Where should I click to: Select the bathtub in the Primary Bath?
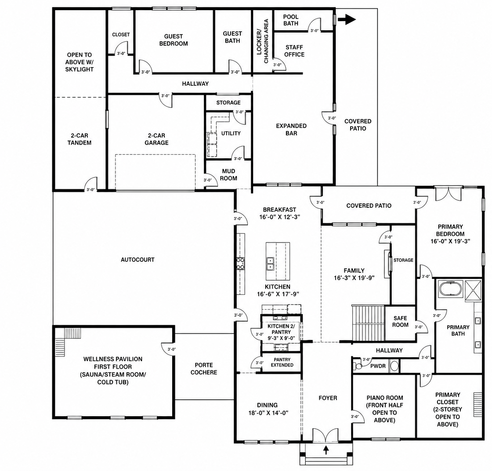coord(450,289)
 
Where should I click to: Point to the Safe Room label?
coord(400,322)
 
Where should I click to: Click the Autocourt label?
coord(137,260)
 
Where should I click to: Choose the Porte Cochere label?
coord(204,369)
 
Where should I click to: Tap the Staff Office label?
coord(294,51)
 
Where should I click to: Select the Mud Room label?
coord(228,175)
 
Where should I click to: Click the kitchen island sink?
coord(270,264)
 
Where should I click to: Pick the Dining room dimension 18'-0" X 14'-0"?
coord(268,413)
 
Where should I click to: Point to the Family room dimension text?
coord(354,278)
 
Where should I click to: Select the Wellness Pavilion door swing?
coord(168,349)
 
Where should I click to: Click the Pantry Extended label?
coord(282,362)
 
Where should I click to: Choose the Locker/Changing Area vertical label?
coord(263,41)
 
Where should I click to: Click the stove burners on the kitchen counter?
coord(240,264)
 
